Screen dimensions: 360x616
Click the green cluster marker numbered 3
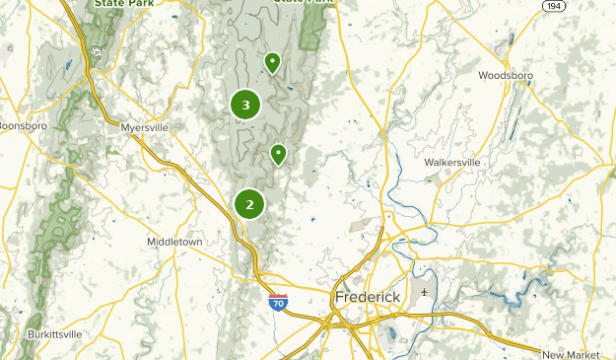[x=245, y=104]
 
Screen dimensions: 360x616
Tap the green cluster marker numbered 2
[x=249, y=204]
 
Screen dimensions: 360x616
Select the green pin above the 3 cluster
[x=272, y=63]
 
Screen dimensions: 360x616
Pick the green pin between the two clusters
[x=279, y=154]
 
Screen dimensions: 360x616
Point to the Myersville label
[x=145, y=127]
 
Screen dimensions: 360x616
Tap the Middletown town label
[x=174, y=242]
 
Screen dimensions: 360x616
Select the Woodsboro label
[x=506, y=75]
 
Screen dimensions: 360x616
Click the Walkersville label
[x=452, y=162]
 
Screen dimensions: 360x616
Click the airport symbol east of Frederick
[x=424, y=292]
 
